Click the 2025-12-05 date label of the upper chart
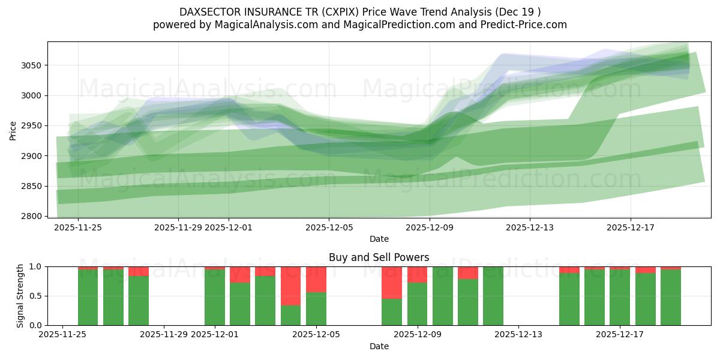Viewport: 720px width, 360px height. tap(328, 227)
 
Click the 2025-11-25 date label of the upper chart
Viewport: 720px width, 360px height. tap(78, 227)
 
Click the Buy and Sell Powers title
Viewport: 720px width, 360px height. tap(379, 257)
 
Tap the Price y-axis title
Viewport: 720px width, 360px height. tap(13, 130)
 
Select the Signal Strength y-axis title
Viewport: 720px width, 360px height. tap(20, 296)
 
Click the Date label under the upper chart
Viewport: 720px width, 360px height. tap(379, 239)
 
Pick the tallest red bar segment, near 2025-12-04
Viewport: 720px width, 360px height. tap(290, 286)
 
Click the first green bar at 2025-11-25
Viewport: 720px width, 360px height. tap(88, 297)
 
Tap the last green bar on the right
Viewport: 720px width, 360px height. tap(670, 297)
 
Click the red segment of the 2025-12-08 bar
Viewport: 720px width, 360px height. tap(392, 283)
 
